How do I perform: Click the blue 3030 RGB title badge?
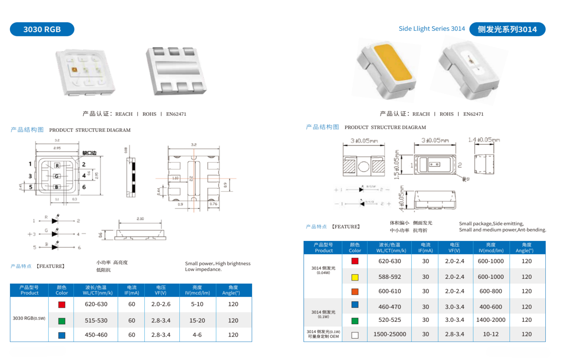42,29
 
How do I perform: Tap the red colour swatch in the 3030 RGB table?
62,304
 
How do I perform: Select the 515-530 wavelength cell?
96,320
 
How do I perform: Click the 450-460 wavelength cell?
96,335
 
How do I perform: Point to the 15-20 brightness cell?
197,320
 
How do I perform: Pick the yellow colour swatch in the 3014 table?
355,277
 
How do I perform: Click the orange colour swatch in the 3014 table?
355,292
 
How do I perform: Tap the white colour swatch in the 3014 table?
355,335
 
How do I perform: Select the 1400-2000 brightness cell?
490,320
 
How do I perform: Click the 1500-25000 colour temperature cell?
390,334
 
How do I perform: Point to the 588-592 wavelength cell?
390,277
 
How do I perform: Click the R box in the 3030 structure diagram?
57,166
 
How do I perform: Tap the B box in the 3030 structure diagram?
57,187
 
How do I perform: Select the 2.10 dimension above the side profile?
140,219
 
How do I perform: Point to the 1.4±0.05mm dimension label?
484,140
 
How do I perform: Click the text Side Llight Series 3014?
432,29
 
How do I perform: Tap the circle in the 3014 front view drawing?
364,167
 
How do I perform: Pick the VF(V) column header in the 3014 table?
454,247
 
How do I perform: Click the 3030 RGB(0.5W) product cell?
29,318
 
